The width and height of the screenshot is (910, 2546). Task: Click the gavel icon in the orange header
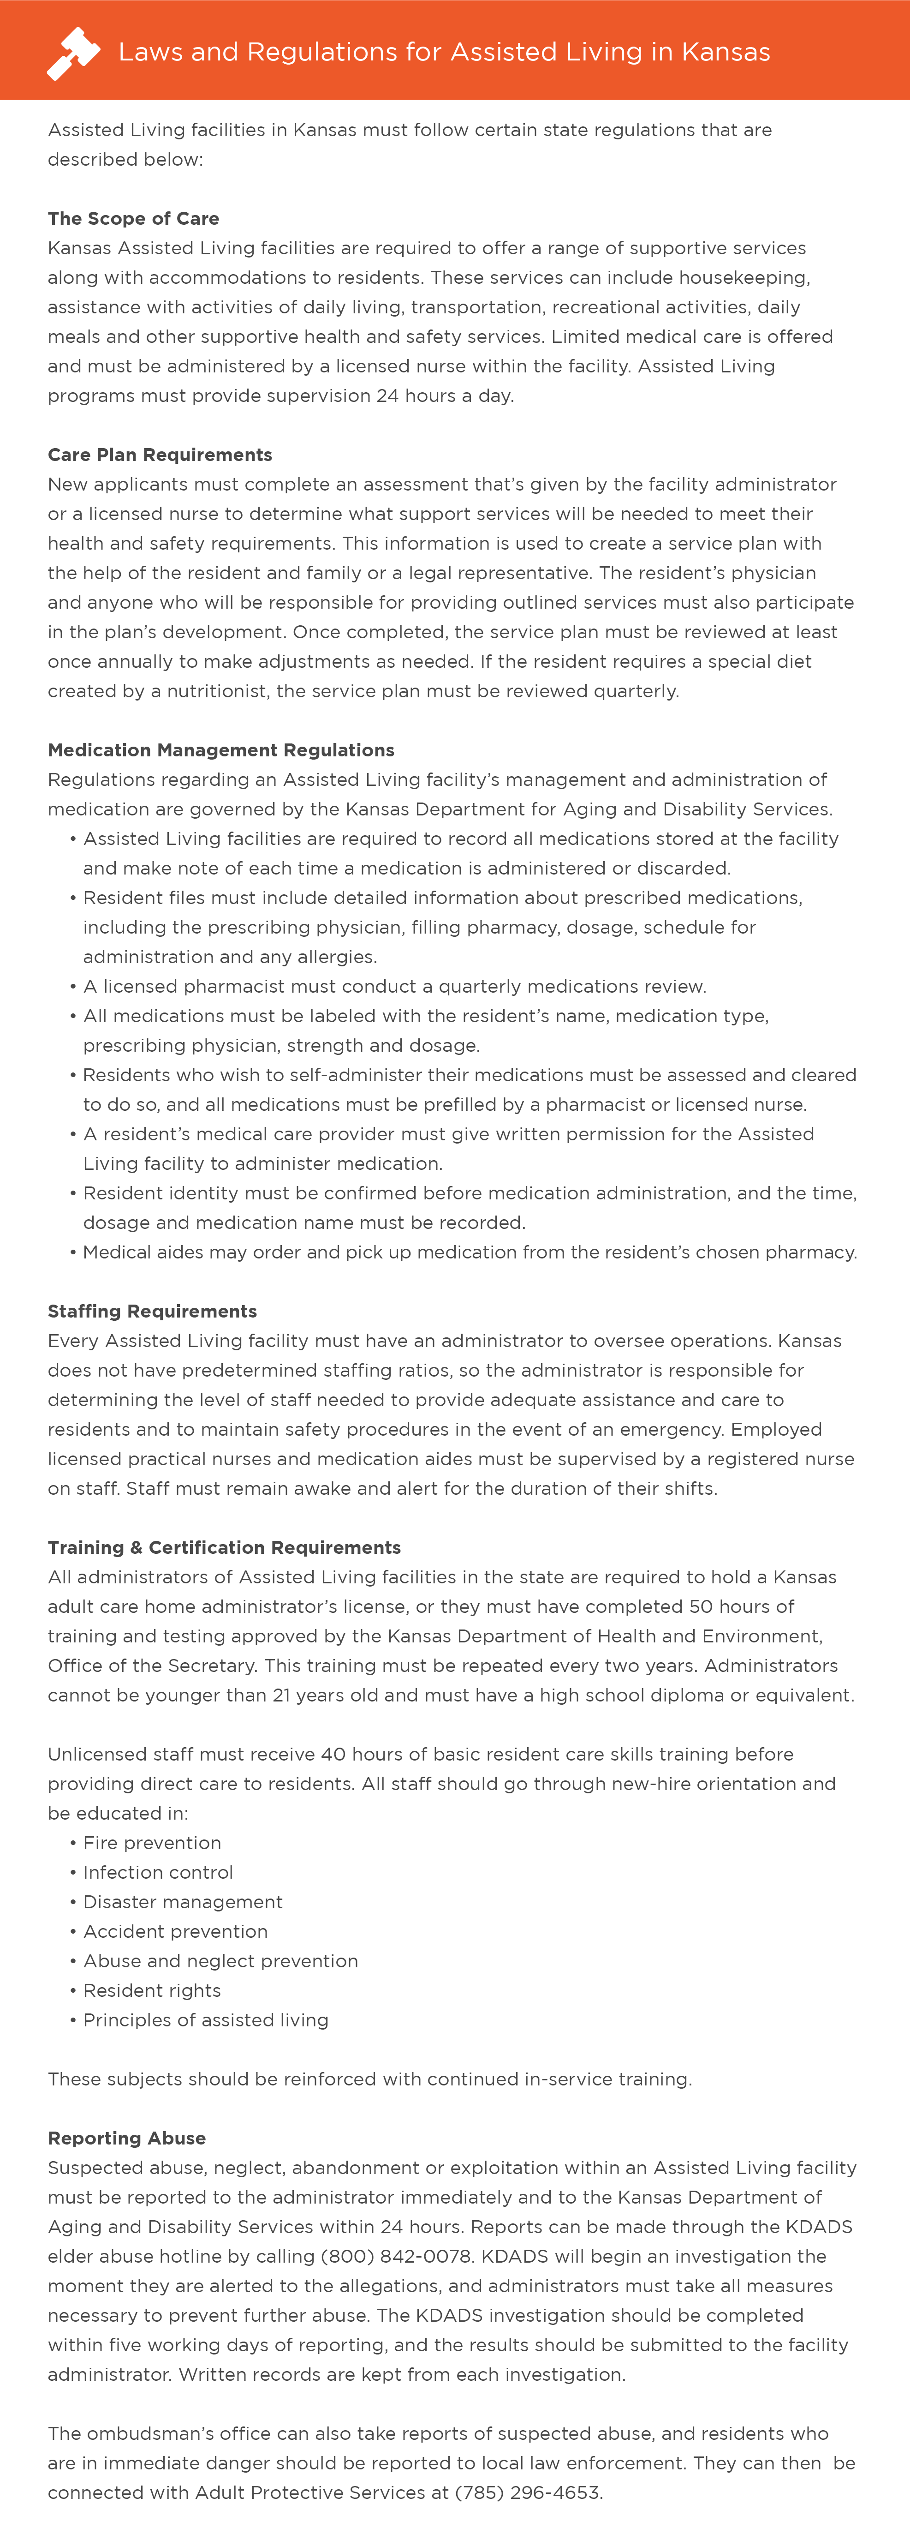[73, 53]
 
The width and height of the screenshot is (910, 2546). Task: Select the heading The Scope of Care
[133, 218]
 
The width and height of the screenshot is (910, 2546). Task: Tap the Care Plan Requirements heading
[160, 455]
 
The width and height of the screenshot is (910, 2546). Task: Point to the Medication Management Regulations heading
[221, 750]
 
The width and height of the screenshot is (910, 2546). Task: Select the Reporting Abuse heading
[126, 2138]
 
